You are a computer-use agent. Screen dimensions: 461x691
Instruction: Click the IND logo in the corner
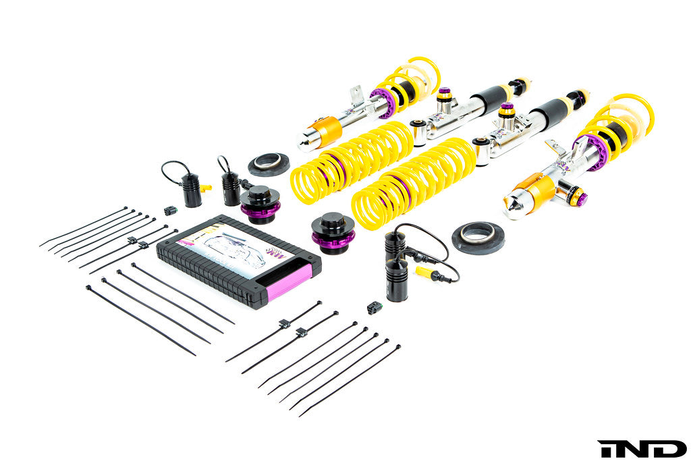pos(641,448)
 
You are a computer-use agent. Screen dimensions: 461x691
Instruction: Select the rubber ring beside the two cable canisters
pos(269,164)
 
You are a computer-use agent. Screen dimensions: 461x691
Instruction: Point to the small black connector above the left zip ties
pos(169,209)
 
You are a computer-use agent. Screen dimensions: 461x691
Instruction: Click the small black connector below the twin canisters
pos(374,308)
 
